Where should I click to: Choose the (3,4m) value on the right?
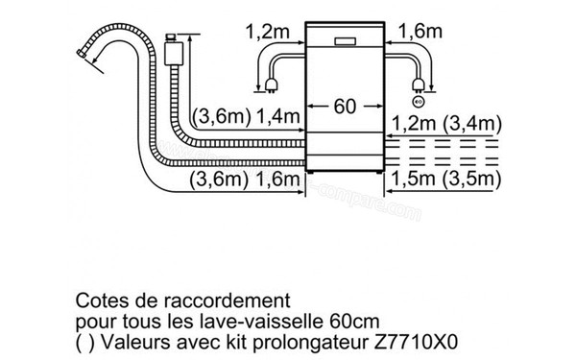click(x=472, y=124)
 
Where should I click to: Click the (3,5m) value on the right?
click(x=472, y=179)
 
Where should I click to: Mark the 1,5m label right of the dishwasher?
click(x=414, y=179)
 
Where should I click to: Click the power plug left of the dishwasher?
click(x=276, y=92)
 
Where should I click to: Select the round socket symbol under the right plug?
click(x=417, y=102)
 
